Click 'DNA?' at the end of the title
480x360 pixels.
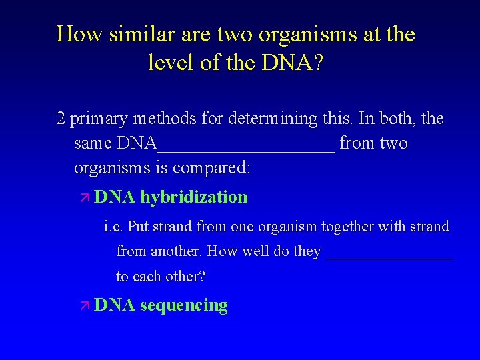pyautogui.click(x=296, y=63)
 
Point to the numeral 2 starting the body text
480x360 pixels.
pyautogui.click(x=61, y=119)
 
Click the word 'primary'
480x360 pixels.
pyautogui.click(x=99, y=119)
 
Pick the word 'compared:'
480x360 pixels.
pyautogui.click(x=211, y=168)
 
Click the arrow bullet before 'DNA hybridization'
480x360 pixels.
pyautogui.click(x=84, y=197)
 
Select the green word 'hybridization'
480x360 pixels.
pyautogui.click(x=193, y=197)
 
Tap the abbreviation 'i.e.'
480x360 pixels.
pyautogui.click(x=113, y=227)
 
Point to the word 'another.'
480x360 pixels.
pyautogui.click(x=177, y=252)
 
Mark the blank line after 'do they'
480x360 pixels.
pyautogui.click(x=389, y=257)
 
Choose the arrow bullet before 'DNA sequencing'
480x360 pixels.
pyautogui.click(x=84, y=306)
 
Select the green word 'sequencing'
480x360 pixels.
pyautogui.click(x=183, y=306)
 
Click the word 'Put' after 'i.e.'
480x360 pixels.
pyautogui.click(x=138, y=227)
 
